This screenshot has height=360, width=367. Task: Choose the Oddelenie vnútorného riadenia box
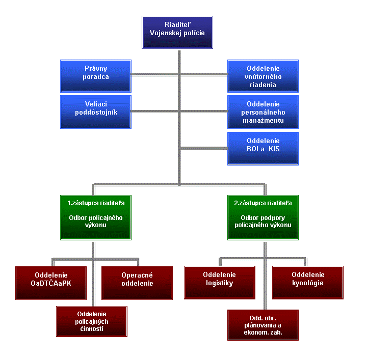263,76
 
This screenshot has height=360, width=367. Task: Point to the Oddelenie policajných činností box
92,321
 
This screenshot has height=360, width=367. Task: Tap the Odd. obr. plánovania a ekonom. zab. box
263,325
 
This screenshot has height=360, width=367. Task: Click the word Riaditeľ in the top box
177,24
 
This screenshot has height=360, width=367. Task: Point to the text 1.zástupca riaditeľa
96,203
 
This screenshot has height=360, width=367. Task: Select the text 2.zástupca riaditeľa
263,203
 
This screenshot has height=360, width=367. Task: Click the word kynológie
308,283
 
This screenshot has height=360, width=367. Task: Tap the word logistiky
220,283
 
